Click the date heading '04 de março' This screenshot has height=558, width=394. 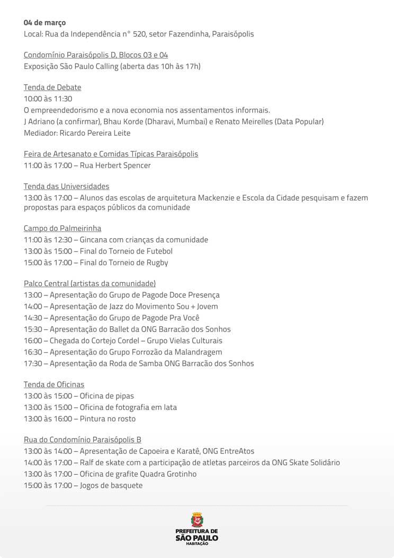coord(44,23)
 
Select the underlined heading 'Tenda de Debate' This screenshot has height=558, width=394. coord(52,87)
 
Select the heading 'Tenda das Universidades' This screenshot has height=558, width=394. coord(67,186)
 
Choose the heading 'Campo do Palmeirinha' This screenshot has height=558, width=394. coord(62,228)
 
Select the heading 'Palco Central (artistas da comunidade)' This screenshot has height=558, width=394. coord(89,283)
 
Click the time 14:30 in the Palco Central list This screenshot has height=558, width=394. coord(33,318)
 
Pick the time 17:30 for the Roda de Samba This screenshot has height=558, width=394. coord(33,363)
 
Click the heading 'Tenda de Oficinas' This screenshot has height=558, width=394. coord(54,384)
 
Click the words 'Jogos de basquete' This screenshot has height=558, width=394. coord(111,485)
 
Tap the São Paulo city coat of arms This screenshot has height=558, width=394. coord(196,519)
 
